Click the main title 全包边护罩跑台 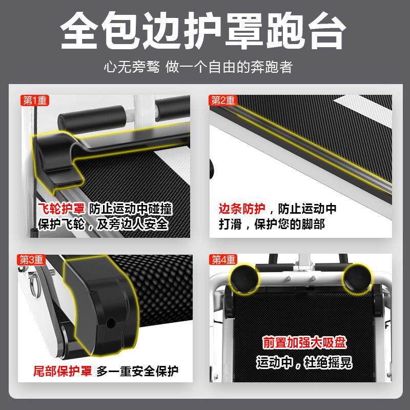coord(204,32)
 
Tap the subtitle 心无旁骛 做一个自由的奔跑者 coord(204,67)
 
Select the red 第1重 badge coord(35,100)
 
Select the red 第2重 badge coord(223,100)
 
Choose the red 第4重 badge coord(223,260)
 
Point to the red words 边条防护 coord(241,209)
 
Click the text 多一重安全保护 coord(138,371)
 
